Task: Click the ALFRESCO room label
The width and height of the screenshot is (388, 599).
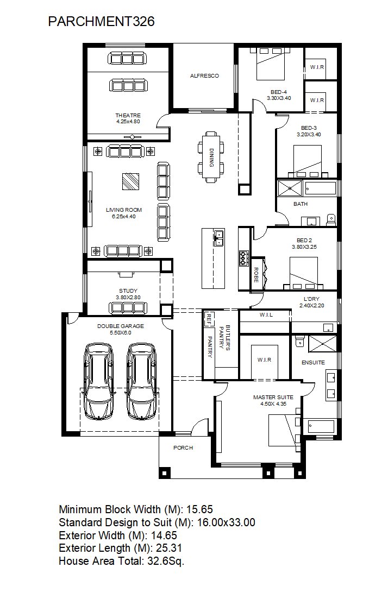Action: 204,75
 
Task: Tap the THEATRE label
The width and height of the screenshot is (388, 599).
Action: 128,115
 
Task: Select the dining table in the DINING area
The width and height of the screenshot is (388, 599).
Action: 211,157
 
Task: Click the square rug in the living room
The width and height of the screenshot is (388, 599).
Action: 131,181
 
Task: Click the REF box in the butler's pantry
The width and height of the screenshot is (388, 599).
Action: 208,319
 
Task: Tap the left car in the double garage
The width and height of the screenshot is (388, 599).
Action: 98,381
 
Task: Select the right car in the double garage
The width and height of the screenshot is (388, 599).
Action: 142,381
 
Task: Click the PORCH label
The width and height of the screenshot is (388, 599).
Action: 183,447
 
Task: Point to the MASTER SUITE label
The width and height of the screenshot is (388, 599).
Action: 273,398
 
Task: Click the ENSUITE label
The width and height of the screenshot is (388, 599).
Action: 313,362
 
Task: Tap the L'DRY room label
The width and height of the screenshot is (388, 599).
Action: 311,299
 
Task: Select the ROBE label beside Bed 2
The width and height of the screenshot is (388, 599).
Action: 256,275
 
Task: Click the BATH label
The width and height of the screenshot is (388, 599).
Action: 301,204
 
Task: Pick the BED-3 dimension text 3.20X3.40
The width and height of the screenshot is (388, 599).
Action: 309,135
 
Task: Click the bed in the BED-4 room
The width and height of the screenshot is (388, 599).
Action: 270,63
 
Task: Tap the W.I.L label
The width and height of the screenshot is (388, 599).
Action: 266,315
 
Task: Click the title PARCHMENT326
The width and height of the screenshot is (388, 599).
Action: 101,21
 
